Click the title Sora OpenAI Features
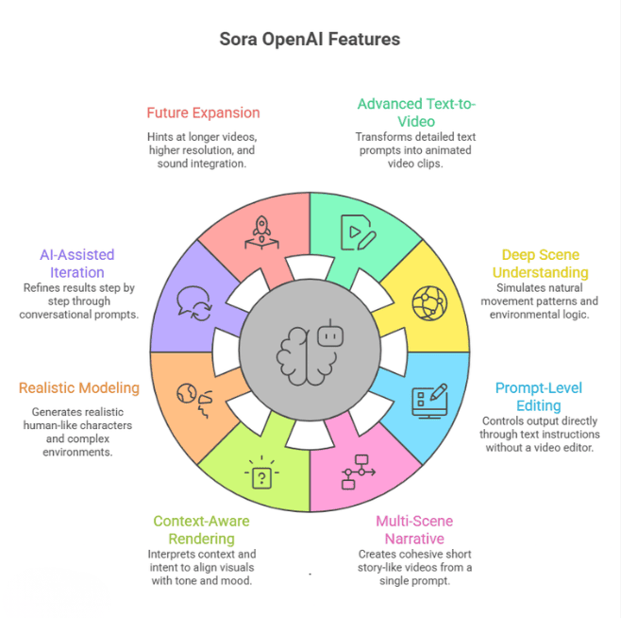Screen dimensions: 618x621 pos(310,39)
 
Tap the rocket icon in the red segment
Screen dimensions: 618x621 pos(262,231)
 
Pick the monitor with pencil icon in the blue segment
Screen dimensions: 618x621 pos(429,400)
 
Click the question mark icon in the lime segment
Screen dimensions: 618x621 pos(260,472)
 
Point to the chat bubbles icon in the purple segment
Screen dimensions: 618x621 pos(193,303)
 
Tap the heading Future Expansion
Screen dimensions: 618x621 pos(203,112)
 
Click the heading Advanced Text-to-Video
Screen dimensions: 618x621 pos(415,112)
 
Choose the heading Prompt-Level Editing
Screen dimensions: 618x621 pos(539,397)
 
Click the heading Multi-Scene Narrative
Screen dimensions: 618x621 pos(414,529)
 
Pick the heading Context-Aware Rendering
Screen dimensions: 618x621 pos(202,529)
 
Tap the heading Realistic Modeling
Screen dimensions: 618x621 pos(79,387)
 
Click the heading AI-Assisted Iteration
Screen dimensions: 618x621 pos(77,264)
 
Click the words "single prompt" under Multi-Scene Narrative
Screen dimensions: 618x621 pos(414,580)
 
